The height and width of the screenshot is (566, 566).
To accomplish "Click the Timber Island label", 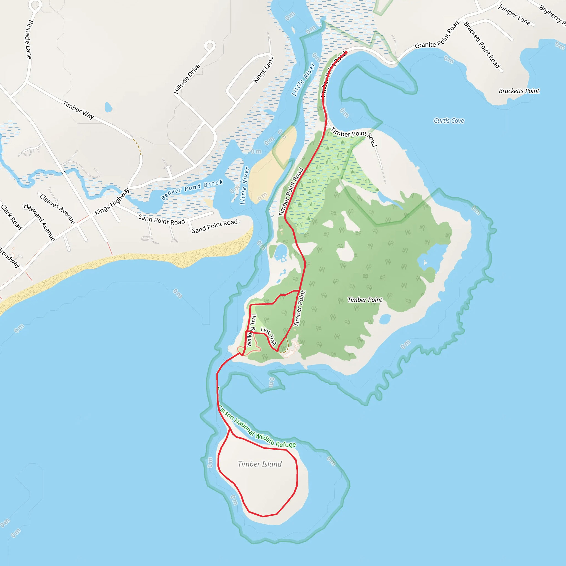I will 260,464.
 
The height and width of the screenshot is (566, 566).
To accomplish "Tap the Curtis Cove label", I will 449,121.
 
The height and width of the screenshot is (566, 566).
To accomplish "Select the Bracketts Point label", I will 519,91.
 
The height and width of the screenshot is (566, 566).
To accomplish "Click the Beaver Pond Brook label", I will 192,190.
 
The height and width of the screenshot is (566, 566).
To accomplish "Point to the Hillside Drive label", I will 187,79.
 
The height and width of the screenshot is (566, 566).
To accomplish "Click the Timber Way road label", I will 78,110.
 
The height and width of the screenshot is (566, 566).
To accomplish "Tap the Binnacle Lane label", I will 29,39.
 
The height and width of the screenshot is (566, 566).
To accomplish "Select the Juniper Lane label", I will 514,15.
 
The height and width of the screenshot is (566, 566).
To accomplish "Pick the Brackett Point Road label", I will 482,45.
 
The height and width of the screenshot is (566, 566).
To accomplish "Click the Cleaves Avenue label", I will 57,209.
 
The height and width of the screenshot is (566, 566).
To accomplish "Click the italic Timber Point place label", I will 365,300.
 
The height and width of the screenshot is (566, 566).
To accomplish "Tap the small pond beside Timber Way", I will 108,107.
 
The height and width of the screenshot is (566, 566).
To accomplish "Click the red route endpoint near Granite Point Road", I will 346,53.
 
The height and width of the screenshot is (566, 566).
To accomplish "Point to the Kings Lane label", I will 263,70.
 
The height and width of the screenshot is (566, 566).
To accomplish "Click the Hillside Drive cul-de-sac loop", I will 209,46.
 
